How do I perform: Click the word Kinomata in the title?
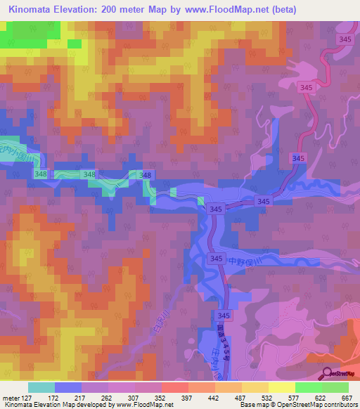tap(32, 10)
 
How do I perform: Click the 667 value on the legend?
tap(345, 397)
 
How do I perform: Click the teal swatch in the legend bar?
tap(41, 387)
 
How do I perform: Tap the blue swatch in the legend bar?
tap(68, 387)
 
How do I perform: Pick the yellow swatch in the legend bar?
tap(282, 387)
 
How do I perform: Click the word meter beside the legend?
tap(12, 397)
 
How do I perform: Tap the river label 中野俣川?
tap(245, 260)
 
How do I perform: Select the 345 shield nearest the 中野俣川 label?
tap(216, 259)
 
